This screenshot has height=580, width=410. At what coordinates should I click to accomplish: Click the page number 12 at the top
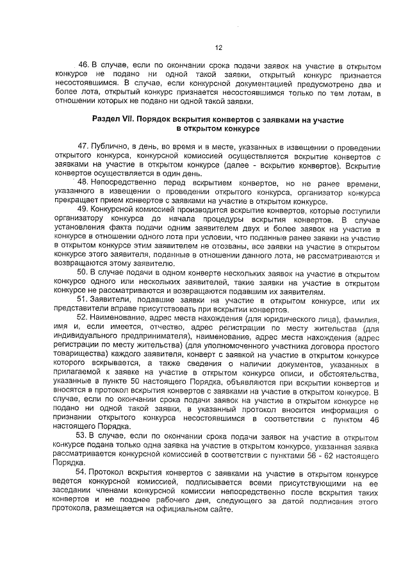[218, 47]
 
